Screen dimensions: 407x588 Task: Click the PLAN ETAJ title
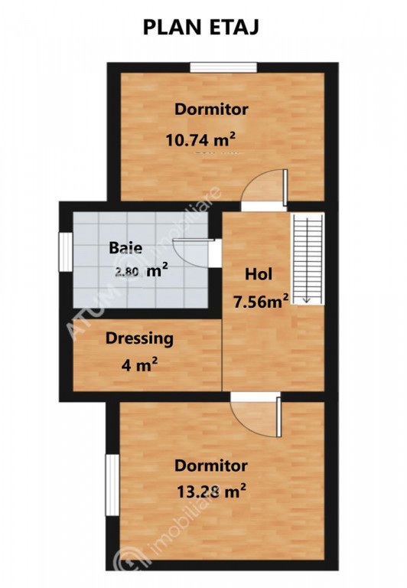pos(201,28)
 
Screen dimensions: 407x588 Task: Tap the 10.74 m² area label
pos(200,140)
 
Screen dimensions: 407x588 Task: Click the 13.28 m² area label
pos(211,491)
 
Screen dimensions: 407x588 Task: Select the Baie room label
pos(125,248)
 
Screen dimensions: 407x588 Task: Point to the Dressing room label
pos(139,338)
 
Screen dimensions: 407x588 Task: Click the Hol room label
pos(259,274)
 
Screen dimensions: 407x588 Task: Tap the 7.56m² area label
pos(261,301)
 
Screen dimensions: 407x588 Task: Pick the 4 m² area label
pos(139,364)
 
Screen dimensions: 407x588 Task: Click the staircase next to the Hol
pos(308,259)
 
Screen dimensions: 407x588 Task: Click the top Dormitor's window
pos(223,67)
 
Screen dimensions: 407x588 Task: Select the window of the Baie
pos(66,252)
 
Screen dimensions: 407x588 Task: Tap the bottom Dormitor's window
pos(112,485)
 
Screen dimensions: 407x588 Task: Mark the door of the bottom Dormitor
pos(256,415)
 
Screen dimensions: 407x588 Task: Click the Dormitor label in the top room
pos(211,109)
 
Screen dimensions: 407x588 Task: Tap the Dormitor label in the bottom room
pos(211,465)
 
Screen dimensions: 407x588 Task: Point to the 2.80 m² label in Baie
pos(142,271)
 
